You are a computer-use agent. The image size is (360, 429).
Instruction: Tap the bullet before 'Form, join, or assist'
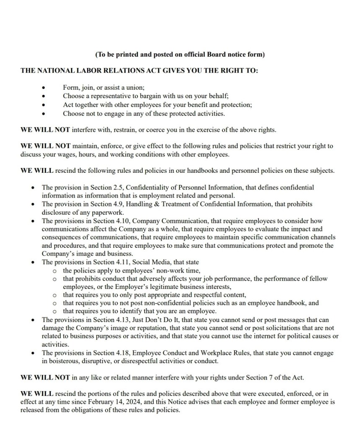tap(44, 88)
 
